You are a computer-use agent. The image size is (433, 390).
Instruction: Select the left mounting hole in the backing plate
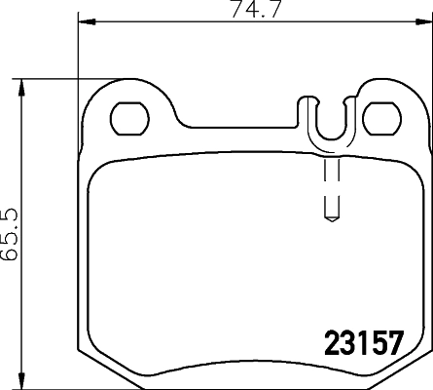pos(127,120)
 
